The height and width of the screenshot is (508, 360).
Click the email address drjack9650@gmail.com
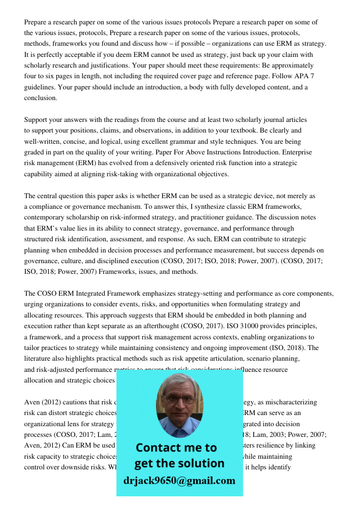tap(179, 480)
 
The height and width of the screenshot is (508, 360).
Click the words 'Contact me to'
tap(176, 448)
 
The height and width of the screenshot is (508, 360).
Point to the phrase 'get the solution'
tap(179, 463)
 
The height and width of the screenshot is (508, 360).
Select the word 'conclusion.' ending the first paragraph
tap(41, 98)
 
